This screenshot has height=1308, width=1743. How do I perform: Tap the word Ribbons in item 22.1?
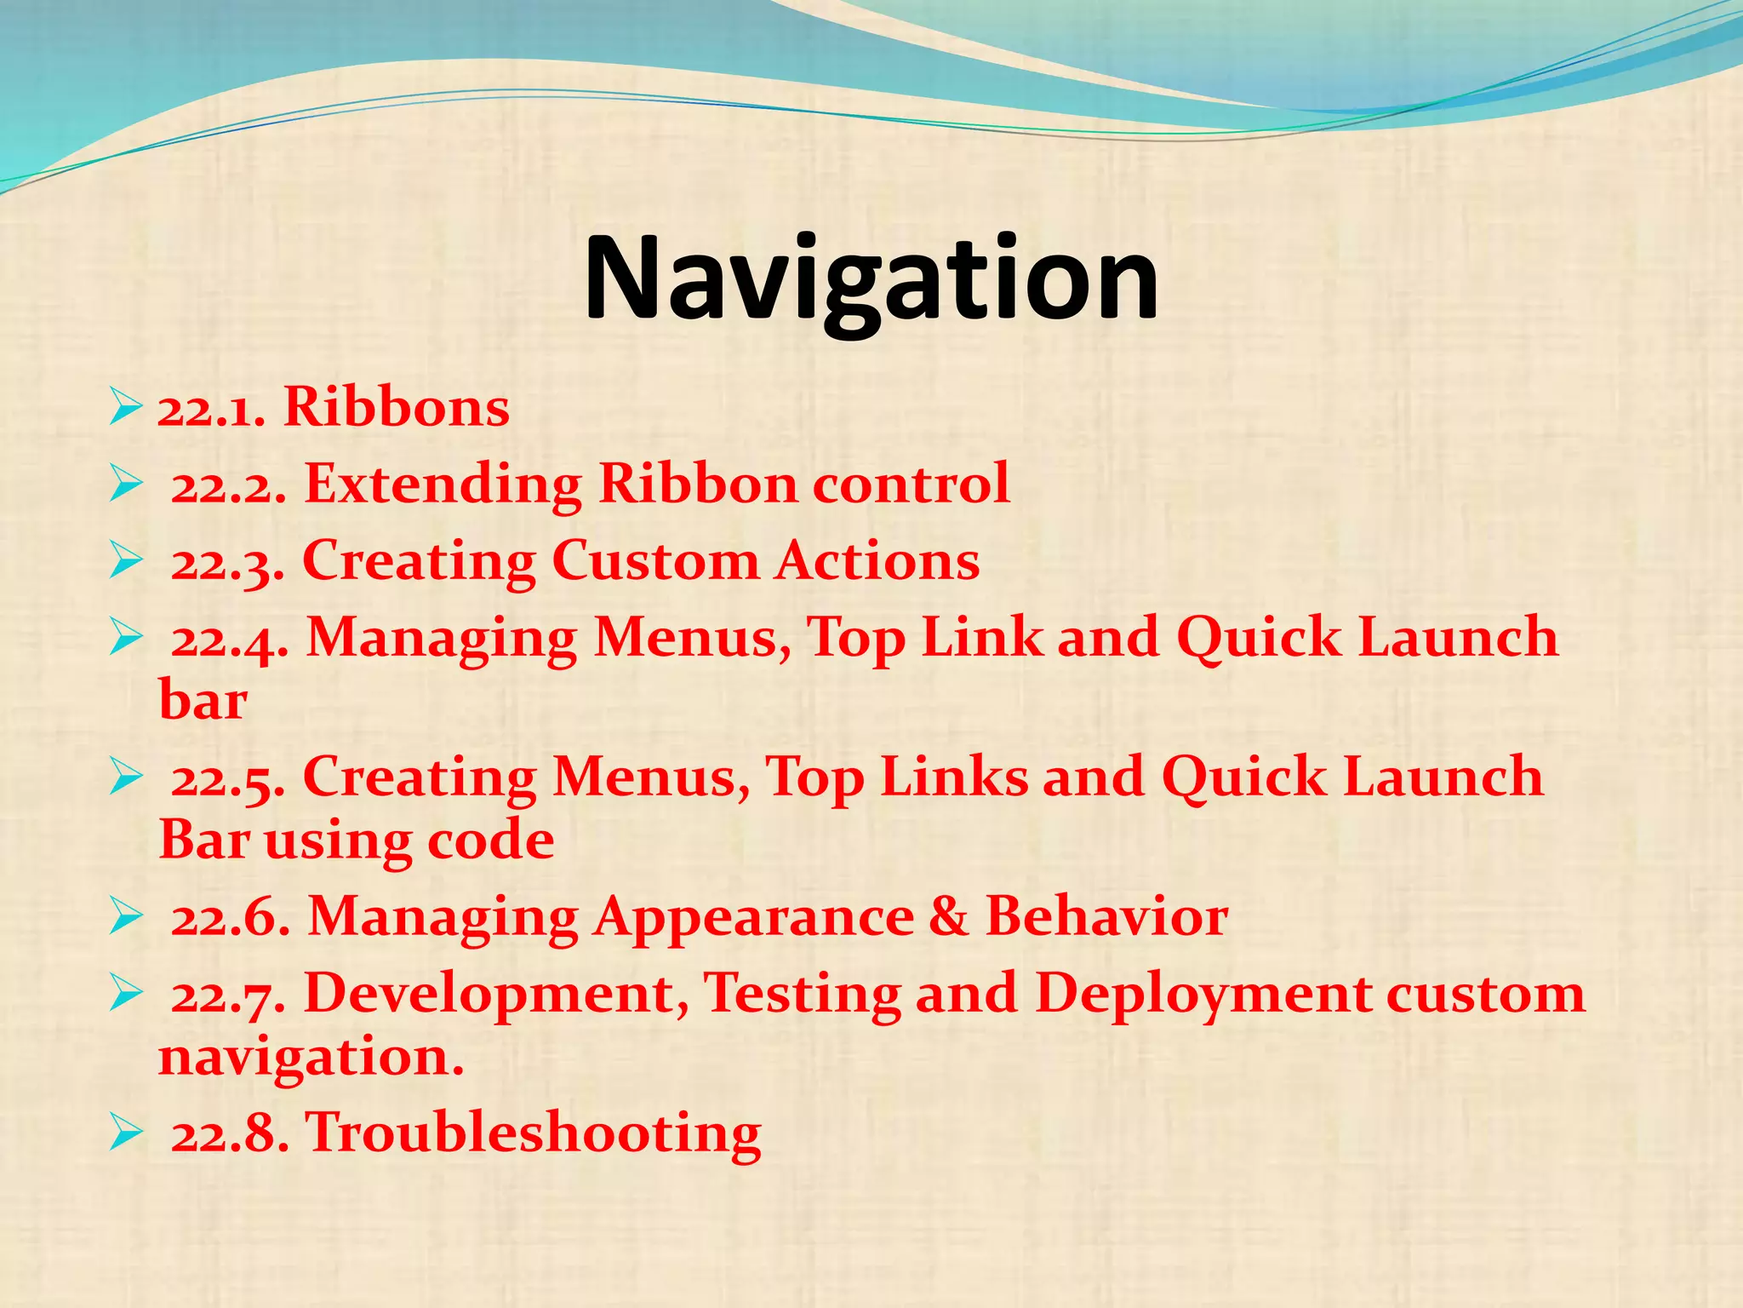[x=396, y=407]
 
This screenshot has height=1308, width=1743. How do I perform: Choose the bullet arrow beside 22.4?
[x=125, y=638]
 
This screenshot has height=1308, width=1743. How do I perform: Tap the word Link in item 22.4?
[x=982, y=638]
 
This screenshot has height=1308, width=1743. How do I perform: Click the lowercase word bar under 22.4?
[x=203, y=701]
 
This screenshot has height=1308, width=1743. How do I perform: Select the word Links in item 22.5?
[x=953, y=777]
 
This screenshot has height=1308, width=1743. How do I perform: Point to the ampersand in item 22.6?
[x=948, y=917]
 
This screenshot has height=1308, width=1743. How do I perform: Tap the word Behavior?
[x=1106, y=917]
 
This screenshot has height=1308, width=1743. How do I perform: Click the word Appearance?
[x=753, y=917]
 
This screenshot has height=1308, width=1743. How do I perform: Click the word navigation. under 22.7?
[x=311, y=1057]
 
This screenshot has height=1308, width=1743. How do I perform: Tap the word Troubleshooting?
[x=533, y=1133]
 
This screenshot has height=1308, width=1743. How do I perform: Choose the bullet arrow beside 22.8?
[x=125, y=1133]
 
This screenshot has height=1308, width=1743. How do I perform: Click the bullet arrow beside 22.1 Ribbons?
[x=125, y=407]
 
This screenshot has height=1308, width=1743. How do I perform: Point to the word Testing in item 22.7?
[x=802, y=994]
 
